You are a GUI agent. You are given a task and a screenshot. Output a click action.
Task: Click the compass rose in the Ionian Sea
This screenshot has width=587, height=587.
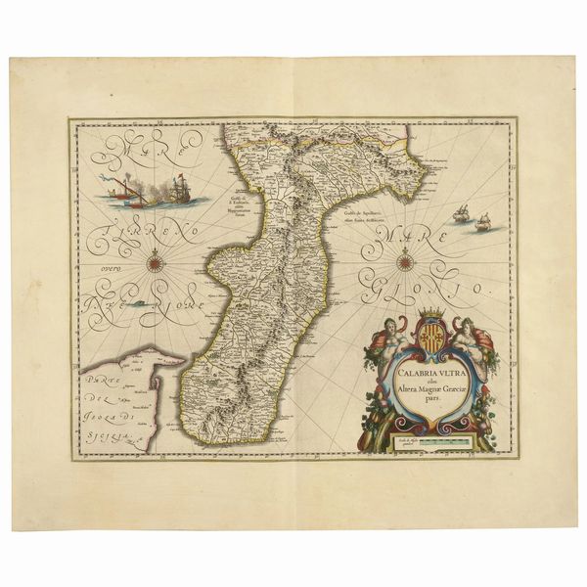pos(406,259)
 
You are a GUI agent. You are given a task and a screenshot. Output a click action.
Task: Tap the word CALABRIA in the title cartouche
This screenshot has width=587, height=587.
pos(405,372)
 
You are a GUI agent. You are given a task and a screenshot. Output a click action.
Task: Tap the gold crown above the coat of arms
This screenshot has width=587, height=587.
pos(430,313)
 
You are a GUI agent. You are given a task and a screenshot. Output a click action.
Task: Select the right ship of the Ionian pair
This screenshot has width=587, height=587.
pos(482,222)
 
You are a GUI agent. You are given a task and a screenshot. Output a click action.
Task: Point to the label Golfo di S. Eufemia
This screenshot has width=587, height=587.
pos(236,200)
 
